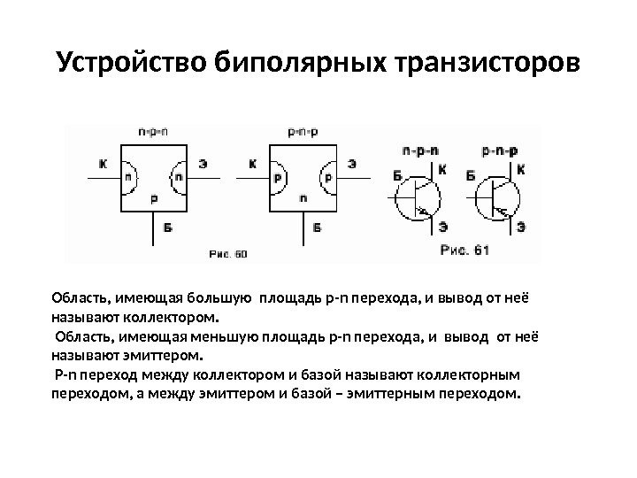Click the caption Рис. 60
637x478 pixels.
pos(228,253)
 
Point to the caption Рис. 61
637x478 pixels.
pos(464,250)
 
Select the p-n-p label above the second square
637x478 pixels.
pos(303,131)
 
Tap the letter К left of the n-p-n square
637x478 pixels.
pos(104,164)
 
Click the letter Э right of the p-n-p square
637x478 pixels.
pos(352,164)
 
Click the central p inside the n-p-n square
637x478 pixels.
pos(153,199)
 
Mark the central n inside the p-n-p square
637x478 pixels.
pos(303,199)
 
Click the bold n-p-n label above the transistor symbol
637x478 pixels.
pos(420,150)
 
